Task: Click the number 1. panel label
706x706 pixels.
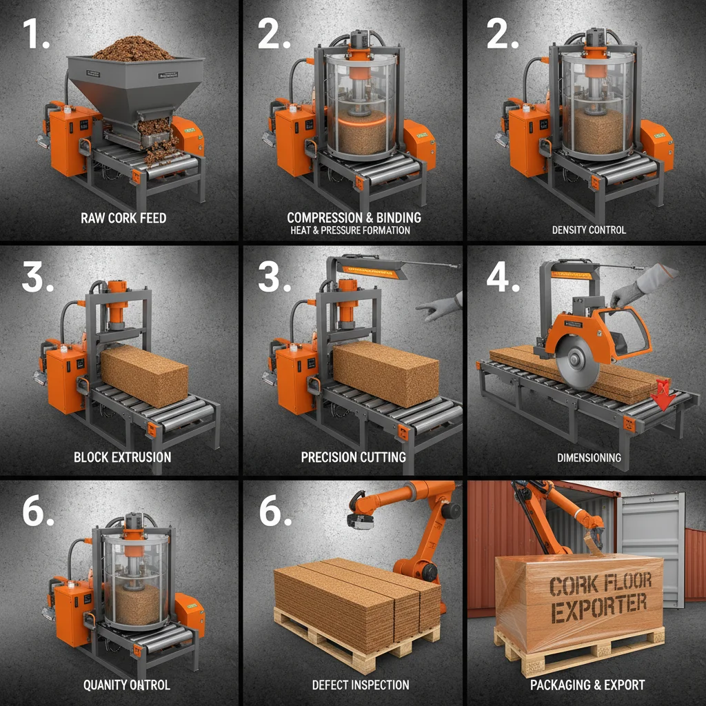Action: [36, 34]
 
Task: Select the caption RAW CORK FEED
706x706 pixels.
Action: [123, 219]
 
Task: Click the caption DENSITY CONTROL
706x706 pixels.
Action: [589, 230]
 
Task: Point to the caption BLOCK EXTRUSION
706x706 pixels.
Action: [123, 457]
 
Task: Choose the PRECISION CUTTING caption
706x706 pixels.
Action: [353, 457]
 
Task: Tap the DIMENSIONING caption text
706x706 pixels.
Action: [589, 457]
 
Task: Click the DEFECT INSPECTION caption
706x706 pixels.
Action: [360, 685]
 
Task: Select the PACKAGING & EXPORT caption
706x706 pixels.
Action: [587, 685]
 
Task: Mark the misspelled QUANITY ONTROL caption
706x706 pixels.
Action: [126, 685]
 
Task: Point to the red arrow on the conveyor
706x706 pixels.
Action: [663, 394]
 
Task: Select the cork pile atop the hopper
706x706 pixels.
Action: [133, 50]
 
